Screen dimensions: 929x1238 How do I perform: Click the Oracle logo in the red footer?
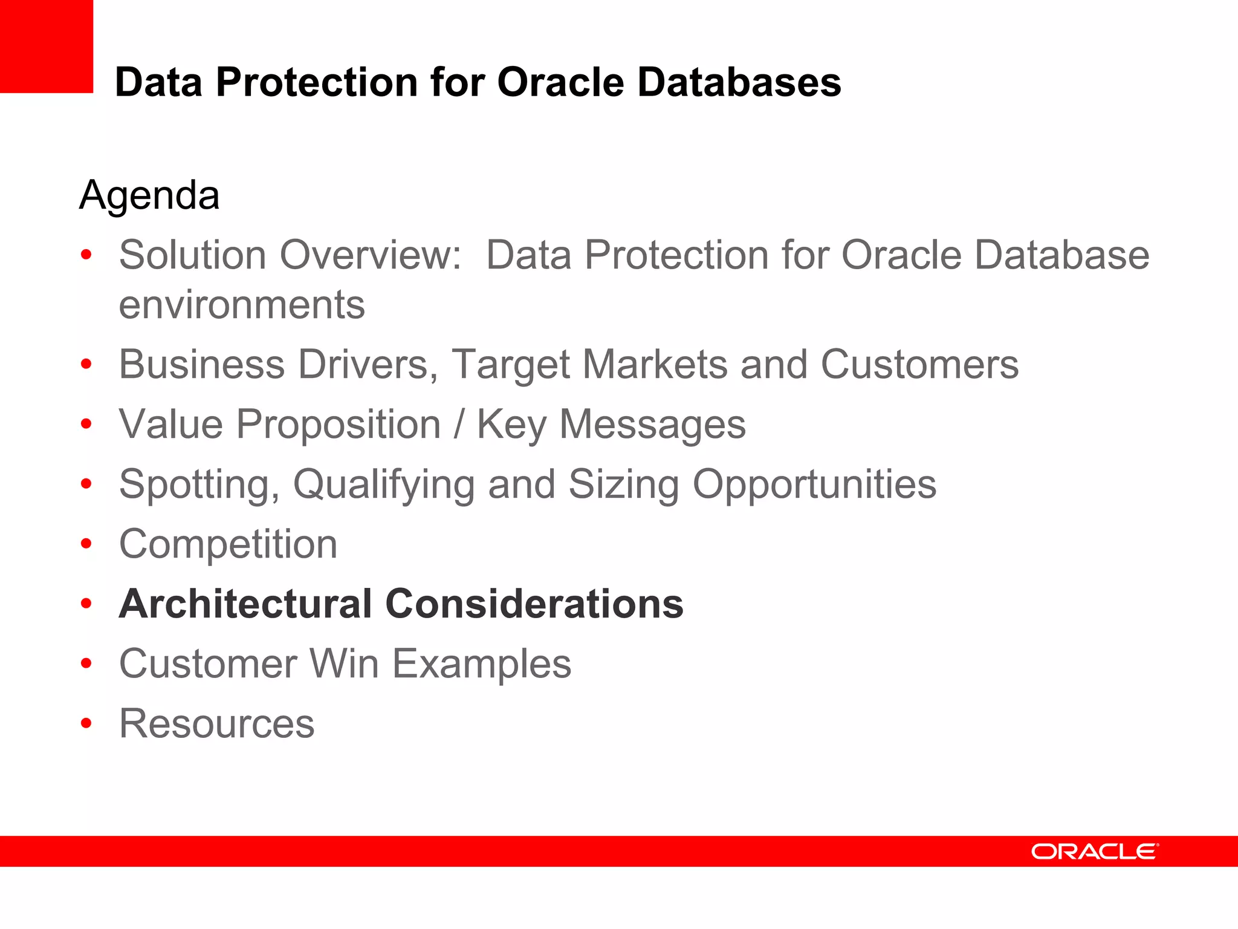click(1095, 852)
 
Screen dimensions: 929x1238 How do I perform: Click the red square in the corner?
click(46, 46)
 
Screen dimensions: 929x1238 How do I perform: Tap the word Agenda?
click(149, 195)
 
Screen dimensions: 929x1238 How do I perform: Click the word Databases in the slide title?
click(739, 82)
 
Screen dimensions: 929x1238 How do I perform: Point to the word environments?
click(242, 304)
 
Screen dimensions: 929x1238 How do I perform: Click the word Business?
click(201, 364)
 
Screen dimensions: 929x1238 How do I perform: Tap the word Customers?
click(919, 364)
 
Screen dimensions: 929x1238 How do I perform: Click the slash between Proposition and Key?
click(459, 424)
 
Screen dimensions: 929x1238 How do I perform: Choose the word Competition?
click(228, 544)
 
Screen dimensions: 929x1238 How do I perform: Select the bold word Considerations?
click(534, 604)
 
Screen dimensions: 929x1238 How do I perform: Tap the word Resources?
click(216, 723)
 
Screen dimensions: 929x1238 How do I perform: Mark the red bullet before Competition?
click(86, 543)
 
